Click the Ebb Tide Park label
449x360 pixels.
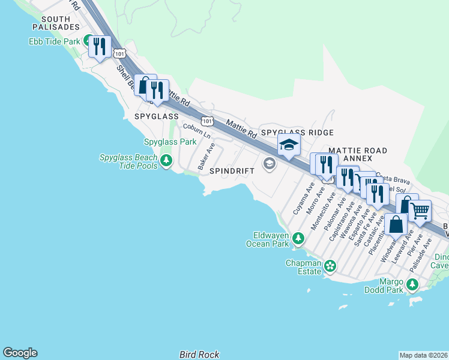tap(54, 42)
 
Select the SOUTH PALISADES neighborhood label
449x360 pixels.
tap(56, 23)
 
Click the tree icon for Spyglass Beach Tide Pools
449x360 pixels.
tap(166, 161)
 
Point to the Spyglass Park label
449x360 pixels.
tap(170, 142)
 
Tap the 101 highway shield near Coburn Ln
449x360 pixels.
tap(206, 121)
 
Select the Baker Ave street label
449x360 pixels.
tap(206, 155)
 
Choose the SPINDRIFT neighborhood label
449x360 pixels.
tap(232, 171)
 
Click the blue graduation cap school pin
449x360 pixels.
tap(289, 145)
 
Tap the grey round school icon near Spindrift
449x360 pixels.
tap(269, 163)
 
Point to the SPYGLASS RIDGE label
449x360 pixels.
tap(297, 132)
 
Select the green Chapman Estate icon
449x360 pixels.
tap(329, 265)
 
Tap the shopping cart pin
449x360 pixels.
tap(420, 211)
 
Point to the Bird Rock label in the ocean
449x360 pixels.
tap(199, 355)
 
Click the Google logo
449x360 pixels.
tap(20, 353)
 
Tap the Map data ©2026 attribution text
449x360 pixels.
tap(423, 355)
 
